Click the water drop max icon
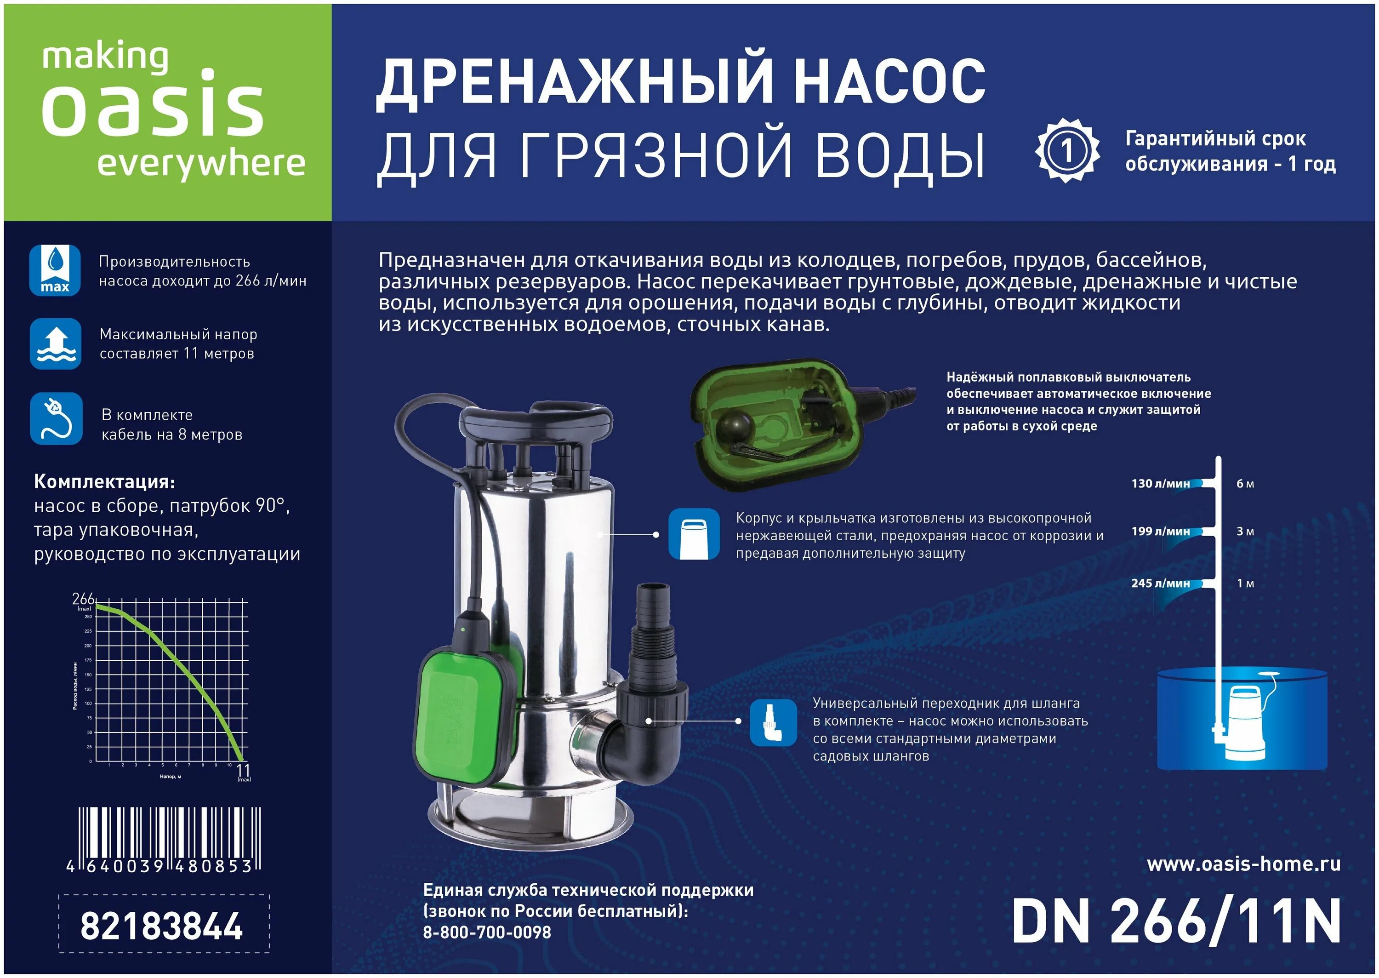tap(55, 270)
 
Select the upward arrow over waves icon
tap(55, 343)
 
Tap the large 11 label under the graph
tap(243, 770)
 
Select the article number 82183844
tap(161, 926)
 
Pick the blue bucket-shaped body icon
tap(694, 534)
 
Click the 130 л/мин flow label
tap(1160, 484)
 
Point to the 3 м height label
tap(1245, 532)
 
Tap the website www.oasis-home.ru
tap(1243, 864)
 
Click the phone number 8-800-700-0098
tap(486, 932)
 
